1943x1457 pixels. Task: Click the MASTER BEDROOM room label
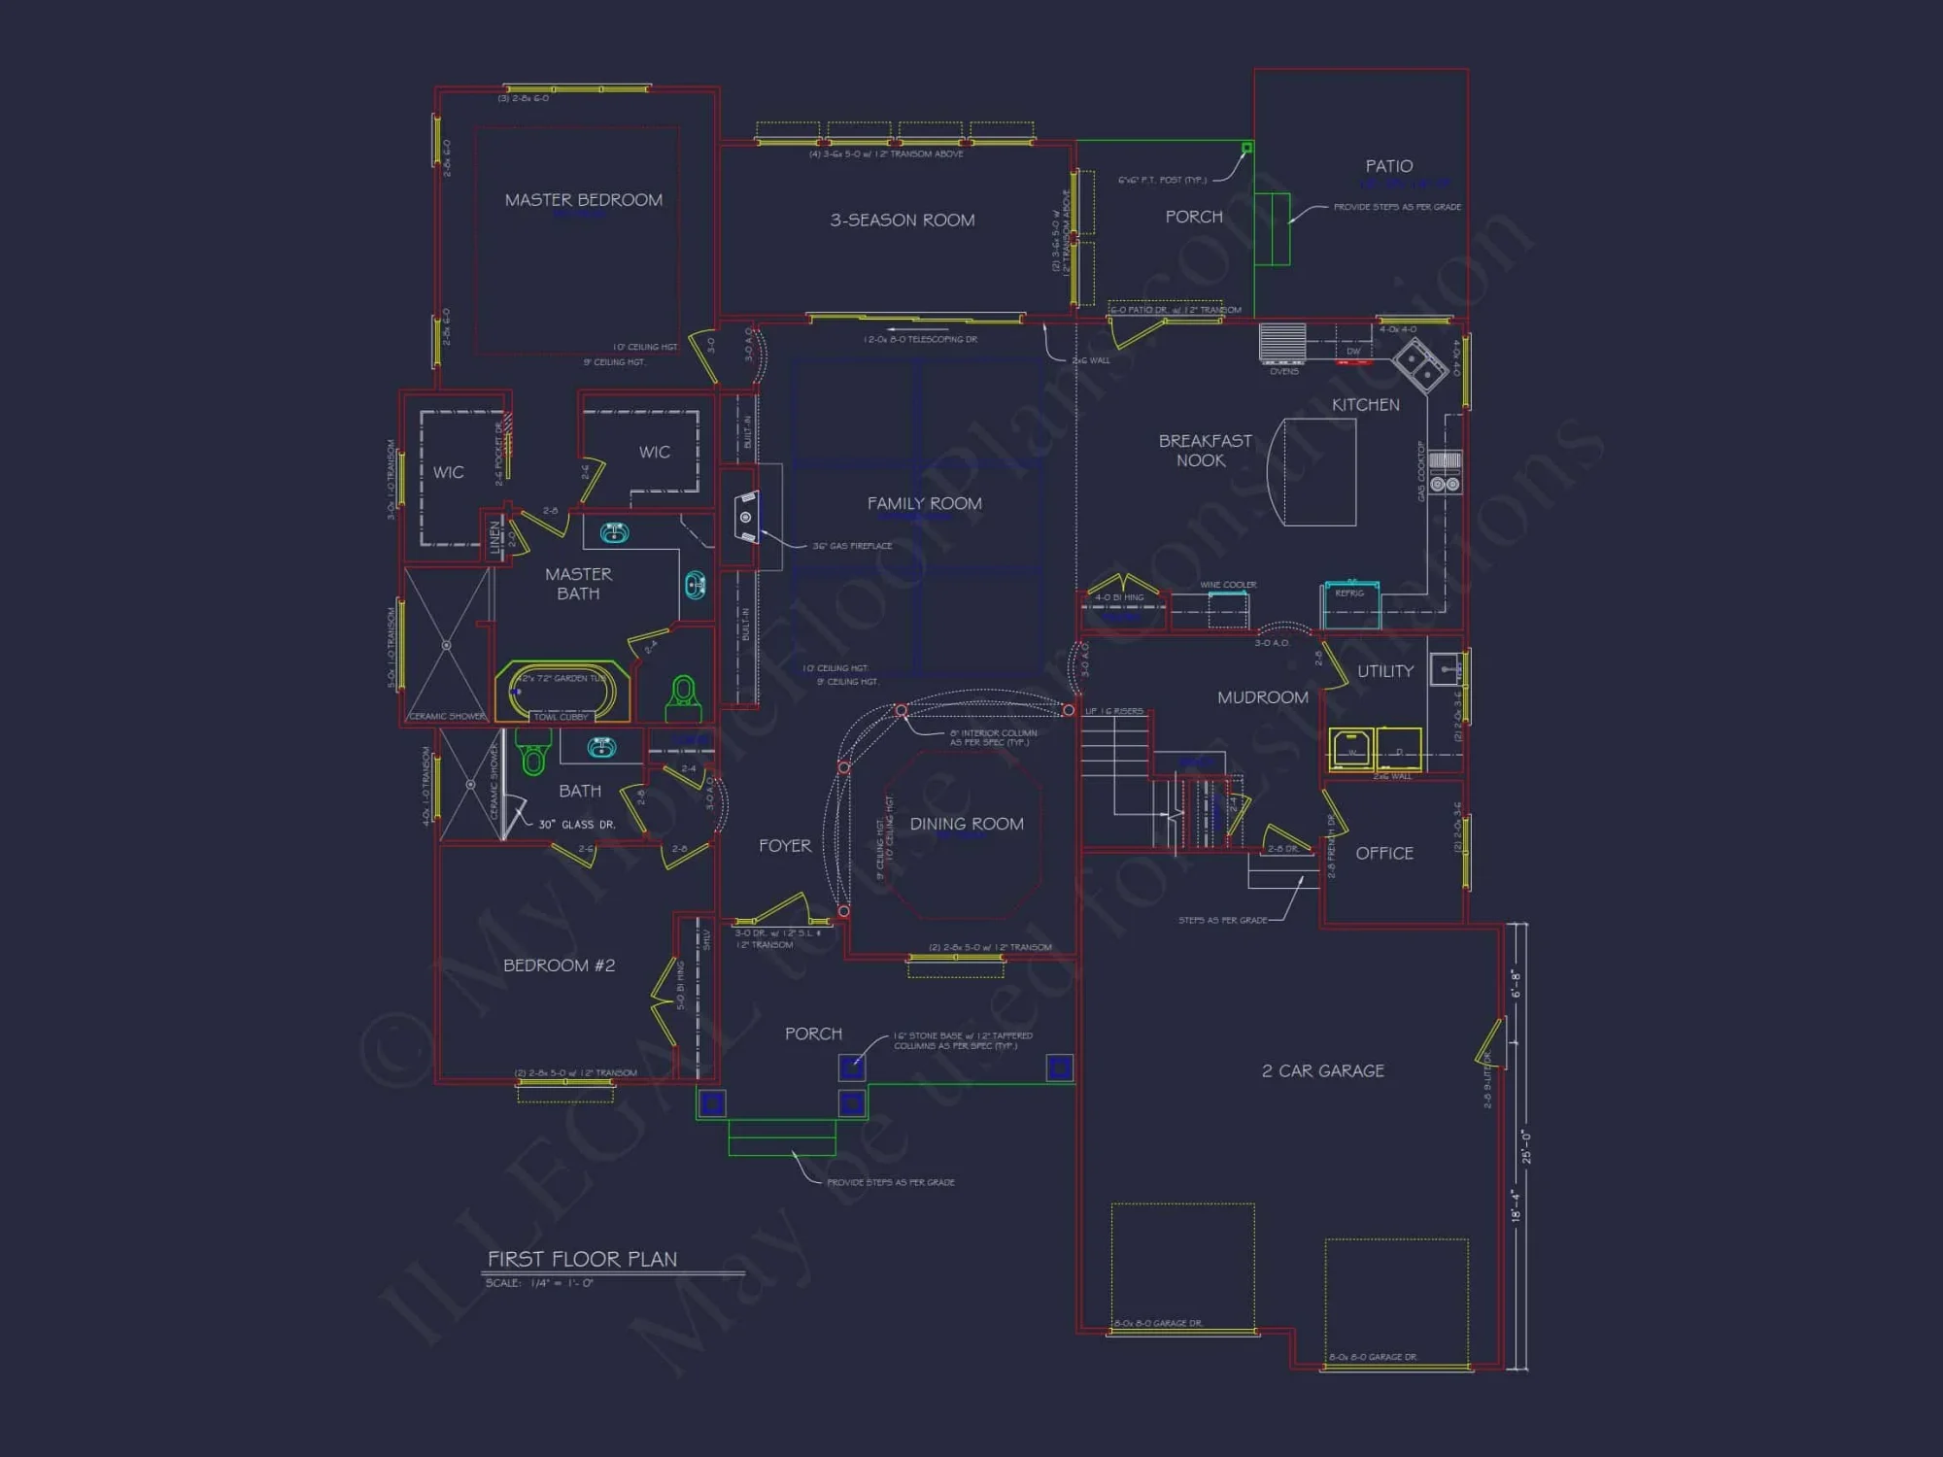coord(583,200)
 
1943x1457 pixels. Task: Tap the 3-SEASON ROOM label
coord(902,220)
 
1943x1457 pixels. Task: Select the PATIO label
coord(1388,167)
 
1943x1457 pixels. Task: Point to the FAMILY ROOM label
coord(924,503)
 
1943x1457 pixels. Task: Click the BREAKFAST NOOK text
coord(1205,451)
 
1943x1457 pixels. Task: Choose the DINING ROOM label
coord(966,824)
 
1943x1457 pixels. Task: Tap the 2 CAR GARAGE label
coord(1322,1070)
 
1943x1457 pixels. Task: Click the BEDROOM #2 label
coord(559,966)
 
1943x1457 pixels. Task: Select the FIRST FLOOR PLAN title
coord(582,1259)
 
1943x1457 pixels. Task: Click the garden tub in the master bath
coord(562,692)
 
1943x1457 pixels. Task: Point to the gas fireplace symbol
coord(746,517)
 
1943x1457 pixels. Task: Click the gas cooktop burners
coord(1445,483)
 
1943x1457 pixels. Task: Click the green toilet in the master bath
coord(684,694)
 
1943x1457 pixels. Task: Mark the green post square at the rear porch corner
coord(1246,148)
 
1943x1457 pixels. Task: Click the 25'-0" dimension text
coord(1526,1146)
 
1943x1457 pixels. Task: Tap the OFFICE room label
coord(1383,853)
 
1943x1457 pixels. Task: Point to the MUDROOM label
coord(1262,697)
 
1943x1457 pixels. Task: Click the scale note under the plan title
coord(539,1283)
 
